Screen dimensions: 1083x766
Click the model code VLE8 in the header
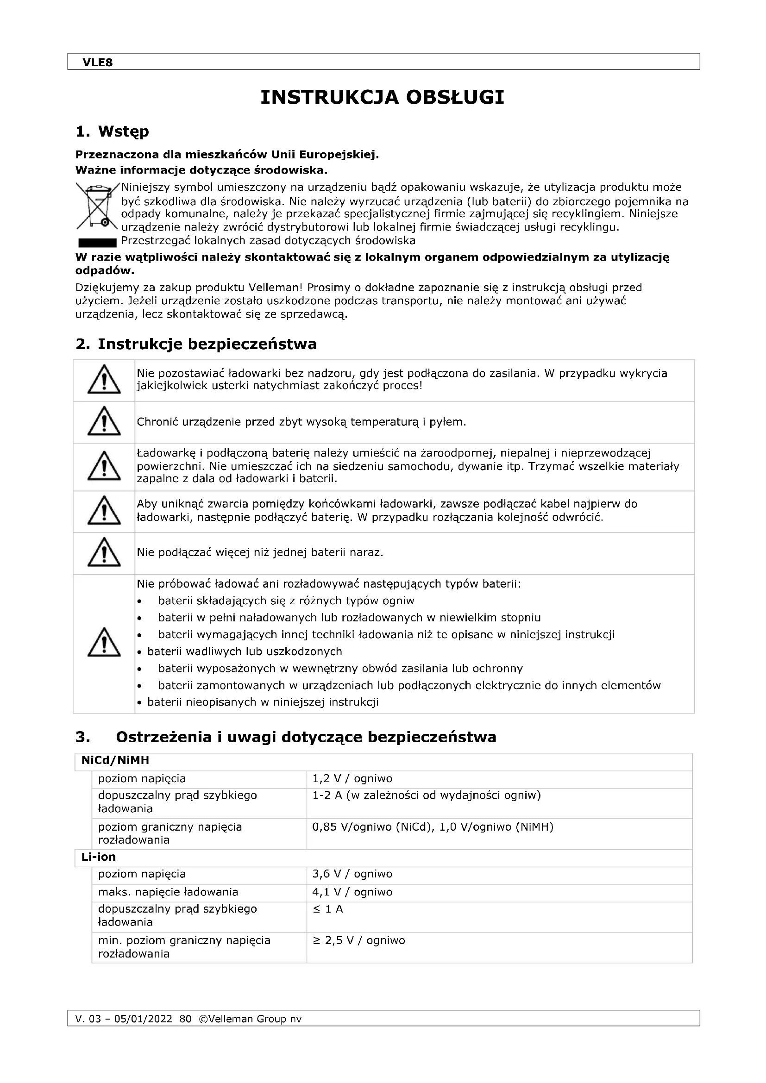pyautogui.click(x=98, y=63)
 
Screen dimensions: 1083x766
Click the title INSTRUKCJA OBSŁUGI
pyautogui.click(x=383, y=98)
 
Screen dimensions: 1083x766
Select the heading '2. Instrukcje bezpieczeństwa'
pyautogui.click(x=196, y=344)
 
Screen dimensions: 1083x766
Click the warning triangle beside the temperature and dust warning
pyautogui.click(x=104, y=421)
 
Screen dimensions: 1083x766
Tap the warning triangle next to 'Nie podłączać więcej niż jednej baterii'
pyautogui.click(x=104, y=553)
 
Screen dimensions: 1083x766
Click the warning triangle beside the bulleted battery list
pyautogui.click(x=104, y=643)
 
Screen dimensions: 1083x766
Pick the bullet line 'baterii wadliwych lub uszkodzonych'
pyautogui.click(x=245, y=651)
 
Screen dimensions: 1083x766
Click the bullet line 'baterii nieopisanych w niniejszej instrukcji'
pyautogui.click(x=263, y=702)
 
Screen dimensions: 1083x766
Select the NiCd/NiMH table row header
pyautogui.click(x=115, y=760)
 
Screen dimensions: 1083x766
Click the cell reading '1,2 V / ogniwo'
pyautogui.click(x=352, y=779)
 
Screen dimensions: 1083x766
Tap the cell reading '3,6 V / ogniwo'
pyautogui.click(x=352, y=874)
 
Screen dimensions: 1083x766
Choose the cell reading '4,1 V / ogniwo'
pyautogui.click(x=352, y=892)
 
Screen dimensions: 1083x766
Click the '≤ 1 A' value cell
pyautogui.click(x=328, y=909)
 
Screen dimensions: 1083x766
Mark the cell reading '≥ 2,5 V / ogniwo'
pyautogui.click(x=358, y=940)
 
